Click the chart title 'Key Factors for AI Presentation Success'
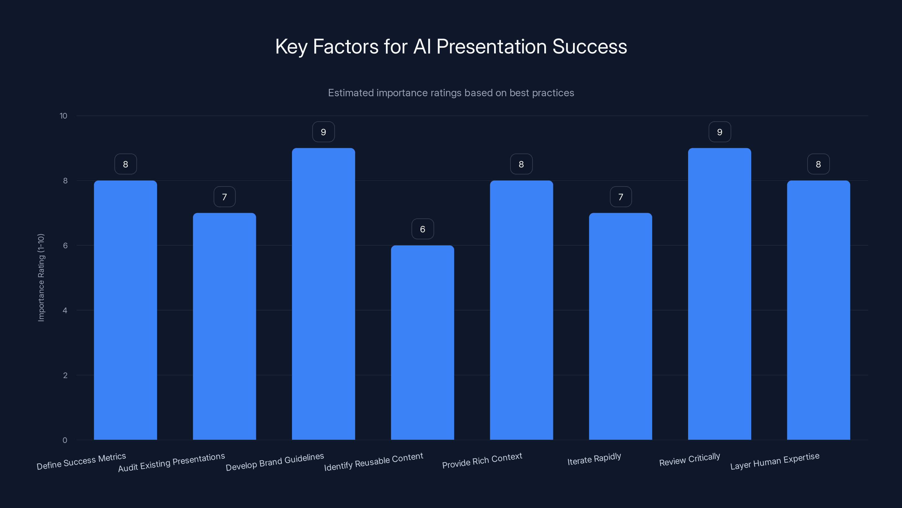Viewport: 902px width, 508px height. (451, 47)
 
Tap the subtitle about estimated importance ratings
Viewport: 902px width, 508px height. (451, 93)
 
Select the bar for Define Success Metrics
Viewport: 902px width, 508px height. (125, 310)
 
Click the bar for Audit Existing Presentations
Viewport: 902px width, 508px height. (224, 326)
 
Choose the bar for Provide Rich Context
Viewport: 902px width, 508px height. (521, 310)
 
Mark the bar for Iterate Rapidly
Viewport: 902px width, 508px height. (620, 326)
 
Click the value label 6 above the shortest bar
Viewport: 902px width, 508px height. (423, 229)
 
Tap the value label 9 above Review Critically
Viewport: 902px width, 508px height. (720, 132)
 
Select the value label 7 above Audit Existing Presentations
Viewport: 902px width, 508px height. (224, 197)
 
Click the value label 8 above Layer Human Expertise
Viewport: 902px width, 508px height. (818, 165)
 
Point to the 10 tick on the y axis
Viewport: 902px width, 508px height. (63, 116)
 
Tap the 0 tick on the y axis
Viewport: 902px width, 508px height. (65, 440)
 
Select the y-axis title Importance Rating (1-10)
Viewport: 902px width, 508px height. (41, 278)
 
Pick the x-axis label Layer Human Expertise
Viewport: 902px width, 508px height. (775, 461)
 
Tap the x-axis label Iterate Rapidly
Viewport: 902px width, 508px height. (594, 459)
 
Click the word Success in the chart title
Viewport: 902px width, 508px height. (589, 47)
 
